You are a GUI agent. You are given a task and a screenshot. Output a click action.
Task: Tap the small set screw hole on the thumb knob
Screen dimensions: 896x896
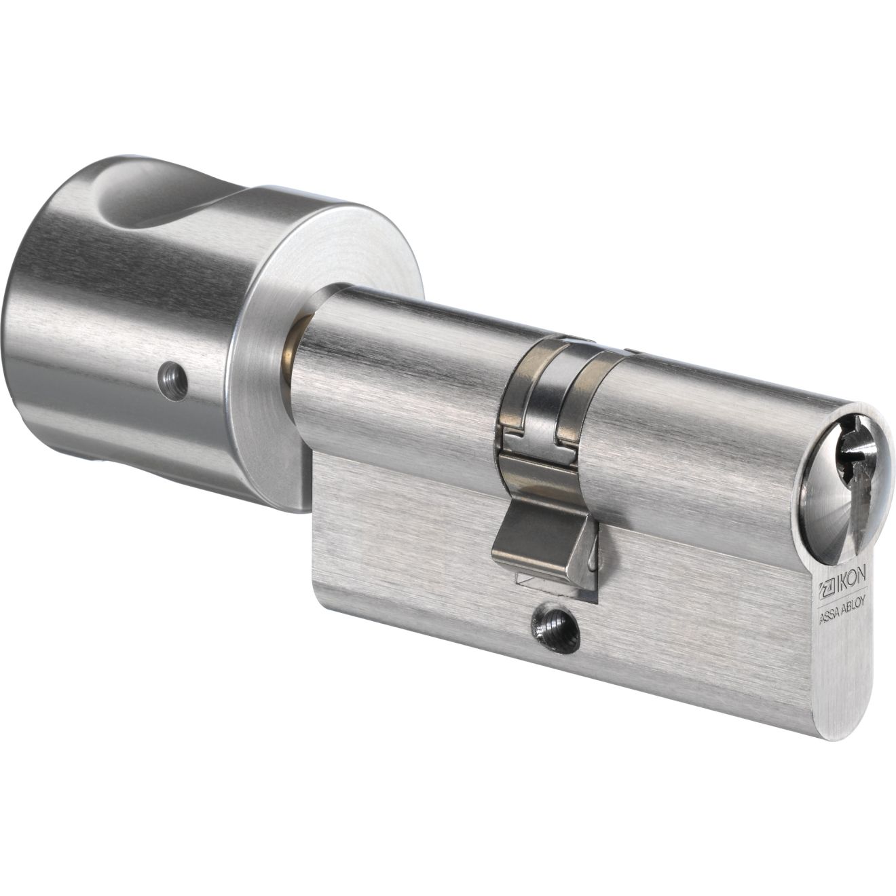(x=173, y=383)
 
